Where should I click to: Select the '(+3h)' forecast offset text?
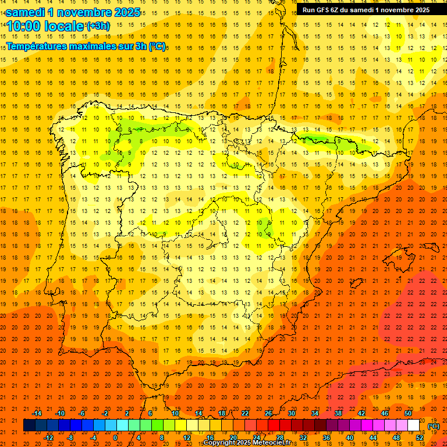(97, 26)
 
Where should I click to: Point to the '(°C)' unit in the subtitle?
(157, 47)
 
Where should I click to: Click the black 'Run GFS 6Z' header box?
(366, 10)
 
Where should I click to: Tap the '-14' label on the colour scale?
(37, 413)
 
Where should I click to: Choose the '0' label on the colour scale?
(115, 437)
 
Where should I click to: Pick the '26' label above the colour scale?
(268, 413)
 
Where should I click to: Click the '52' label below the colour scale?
(420, 437)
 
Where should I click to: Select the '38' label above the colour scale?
(338, 413)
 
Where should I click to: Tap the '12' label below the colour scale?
(187, 437)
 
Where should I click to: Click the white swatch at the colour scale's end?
(413, 425)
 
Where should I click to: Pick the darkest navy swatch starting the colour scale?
(29, 425)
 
